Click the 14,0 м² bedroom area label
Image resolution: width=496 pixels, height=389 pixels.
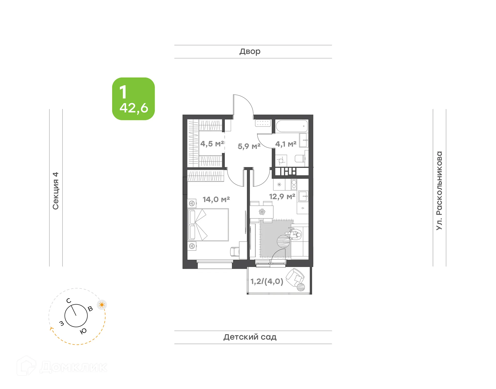216,200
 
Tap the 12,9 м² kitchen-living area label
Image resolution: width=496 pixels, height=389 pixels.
282,197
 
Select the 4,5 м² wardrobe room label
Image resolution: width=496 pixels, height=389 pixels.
212,144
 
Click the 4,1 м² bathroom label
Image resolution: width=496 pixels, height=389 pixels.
286,144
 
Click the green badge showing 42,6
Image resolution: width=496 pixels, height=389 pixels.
133,99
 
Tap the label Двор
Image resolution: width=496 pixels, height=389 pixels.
250,52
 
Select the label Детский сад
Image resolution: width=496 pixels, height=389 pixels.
250,337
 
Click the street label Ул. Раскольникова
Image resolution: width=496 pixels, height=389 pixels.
439,190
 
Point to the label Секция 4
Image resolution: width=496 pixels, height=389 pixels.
56,191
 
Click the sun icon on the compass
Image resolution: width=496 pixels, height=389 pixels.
102,305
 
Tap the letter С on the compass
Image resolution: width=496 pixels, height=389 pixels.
69,301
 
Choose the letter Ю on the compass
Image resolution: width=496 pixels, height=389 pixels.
83,331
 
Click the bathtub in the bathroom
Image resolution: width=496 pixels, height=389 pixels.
291,126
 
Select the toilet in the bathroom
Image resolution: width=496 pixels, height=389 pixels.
300,158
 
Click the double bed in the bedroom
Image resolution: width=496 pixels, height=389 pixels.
208,225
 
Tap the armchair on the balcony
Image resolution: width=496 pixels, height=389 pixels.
295,277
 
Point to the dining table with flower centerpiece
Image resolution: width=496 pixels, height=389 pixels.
262,212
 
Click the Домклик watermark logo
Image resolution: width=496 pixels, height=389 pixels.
62,367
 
